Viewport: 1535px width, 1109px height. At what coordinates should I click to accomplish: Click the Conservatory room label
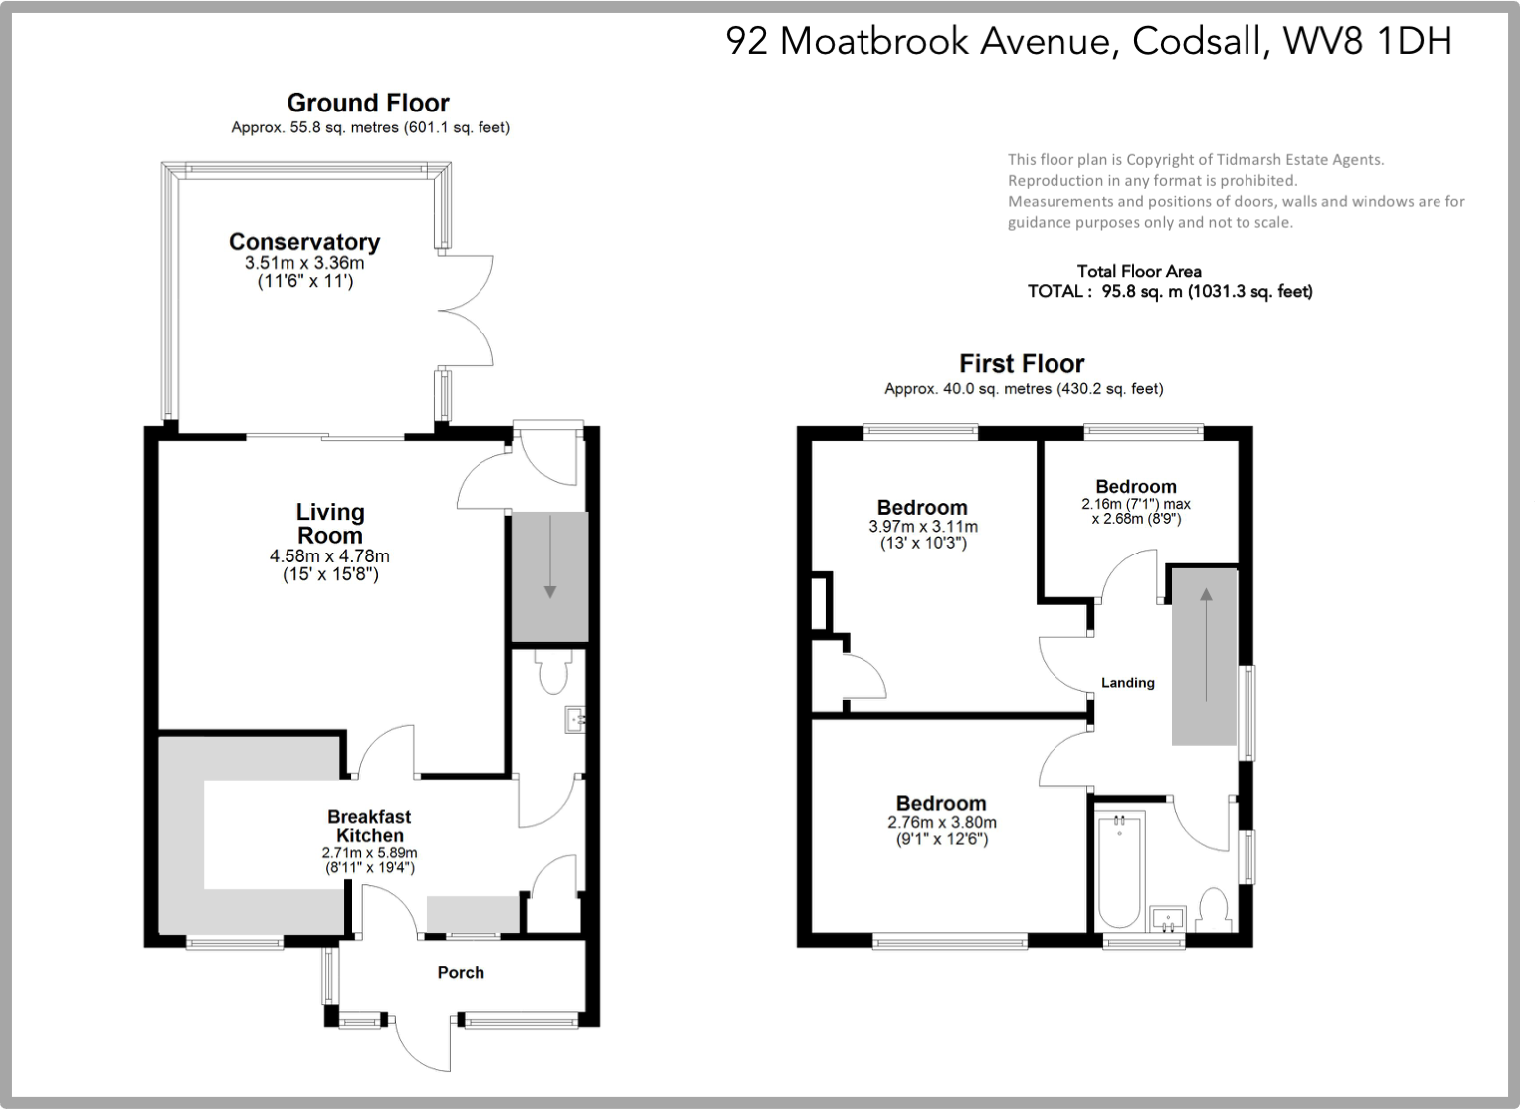[304, 242]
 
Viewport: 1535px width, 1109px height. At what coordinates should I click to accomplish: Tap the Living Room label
[330, 524]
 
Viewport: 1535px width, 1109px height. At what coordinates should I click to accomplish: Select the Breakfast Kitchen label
[369, 826]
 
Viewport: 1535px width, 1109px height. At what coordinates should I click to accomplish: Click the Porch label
[461, 972]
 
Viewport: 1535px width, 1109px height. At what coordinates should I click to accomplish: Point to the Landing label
[1127, 683]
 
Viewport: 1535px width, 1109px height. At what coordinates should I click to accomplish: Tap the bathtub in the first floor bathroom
[1120, 869]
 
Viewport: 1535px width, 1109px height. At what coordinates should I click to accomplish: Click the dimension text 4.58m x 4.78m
[329, 556]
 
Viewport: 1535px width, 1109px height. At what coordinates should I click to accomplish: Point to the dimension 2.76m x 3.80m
[941, 823]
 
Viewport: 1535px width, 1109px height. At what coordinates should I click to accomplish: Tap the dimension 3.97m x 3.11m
[922, 527]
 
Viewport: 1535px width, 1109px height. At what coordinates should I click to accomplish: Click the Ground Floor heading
[368, 103]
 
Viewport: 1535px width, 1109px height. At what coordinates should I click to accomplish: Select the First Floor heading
[1022, 363]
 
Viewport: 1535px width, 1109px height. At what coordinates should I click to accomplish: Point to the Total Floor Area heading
[1139, 271]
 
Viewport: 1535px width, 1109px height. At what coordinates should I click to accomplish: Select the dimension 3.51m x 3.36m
[304, 264]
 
